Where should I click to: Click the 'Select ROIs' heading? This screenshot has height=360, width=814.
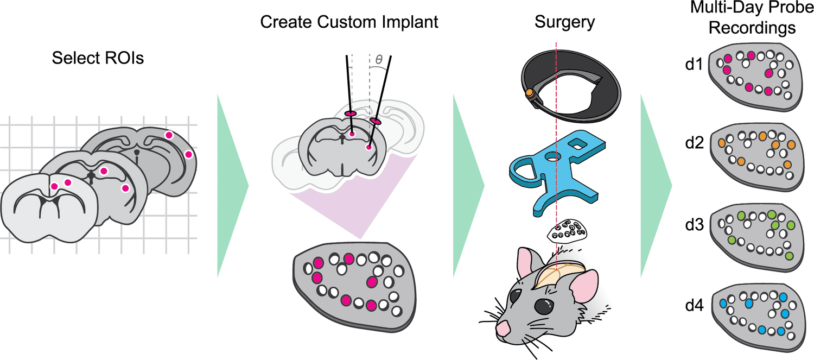98,58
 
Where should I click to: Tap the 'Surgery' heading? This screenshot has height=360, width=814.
564,22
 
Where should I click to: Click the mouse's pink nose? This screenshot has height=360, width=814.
503,328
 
